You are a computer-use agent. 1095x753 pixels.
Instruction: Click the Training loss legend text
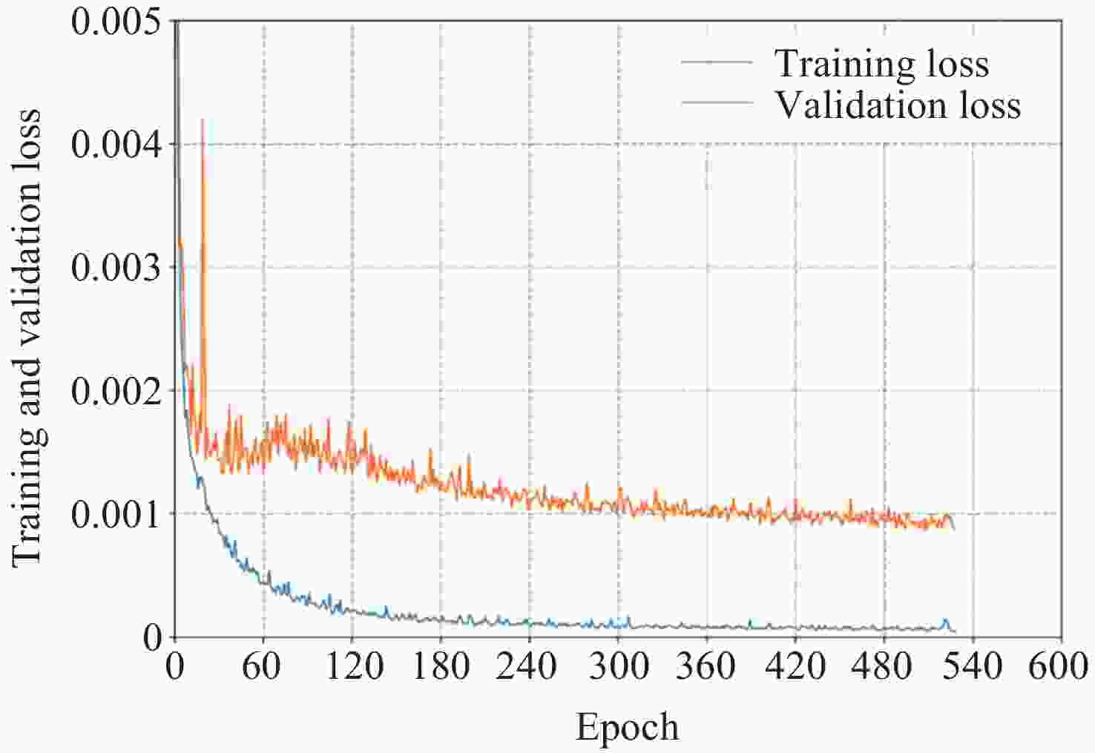[x=881, y=64]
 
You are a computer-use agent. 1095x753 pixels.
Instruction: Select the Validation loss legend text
[x=898, y=105]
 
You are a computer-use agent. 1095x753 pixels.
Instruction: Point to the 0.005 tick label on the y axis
[x=116, y=22]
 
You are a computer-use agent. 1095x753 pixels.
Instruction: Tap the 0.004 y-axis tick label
[x=116, y=144]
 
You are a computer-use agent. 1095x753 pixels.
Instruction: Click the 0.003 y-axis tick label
[x=116, y=267]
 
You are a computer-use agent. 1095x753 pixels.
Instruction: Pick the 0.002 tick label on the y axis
[x=116, y=390]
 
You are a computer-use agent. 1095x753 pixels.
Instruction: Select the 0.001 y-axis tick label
[x=116, y=513]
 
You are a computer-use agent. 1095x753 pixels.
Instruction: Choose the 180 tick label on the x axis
[x=440, y=666]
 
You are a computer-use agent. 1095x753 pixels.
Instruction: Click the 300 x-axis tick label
[x=617, y=666]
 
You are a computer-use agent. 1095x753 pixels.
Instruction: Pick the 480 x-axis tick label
[x=884, y=666]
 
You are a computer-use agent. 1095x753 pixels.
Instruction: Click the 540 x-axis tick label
[x=973, y=666]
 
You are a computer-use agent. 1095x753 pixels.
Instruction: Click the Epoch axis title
[x=627, y=728]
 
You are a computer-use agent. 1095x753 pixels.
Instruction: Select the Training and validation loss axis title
[x=28, y=338]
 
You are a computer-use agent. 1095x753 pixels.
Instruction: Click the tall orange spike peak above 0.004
[x=203, y=120]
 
